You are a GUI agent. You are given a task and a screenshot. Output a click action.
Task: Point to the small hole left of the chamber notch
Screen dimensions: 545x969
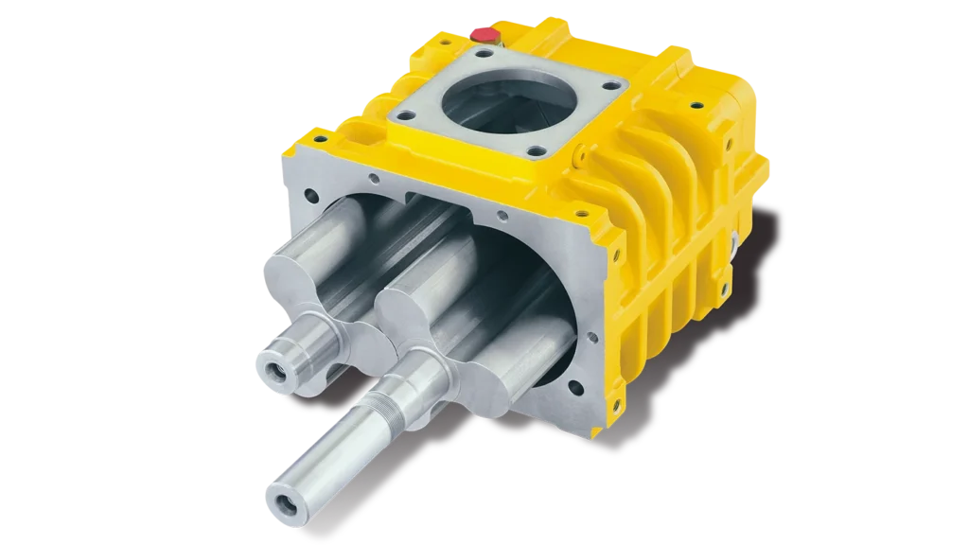[x=376, y=177]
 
